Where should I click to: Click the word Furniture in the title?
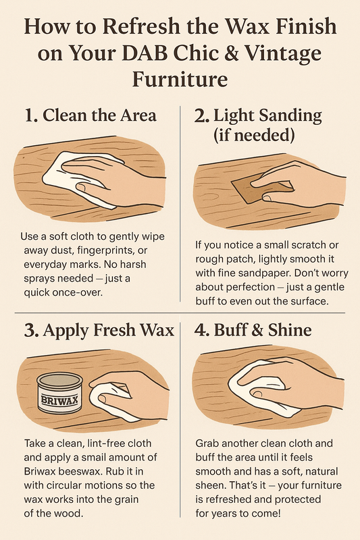pyautogui.click(x=180, y=79)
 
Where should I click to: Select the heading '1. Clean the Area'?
pyautogui.click(x=91, y=115)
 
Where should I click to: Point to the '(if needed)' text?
pyautogui.click(x=254, y=136)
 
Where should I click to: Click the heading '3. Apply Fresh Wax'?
pyautogui.click(x=99, y=330)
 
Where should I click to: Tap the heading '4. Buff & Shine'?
pyautogui.click(x=253, y=329)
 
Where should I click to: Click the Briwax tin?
pyautogui.click(x=59, y=394)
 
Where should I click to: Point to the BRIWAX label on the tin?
pyautogui.click(x=59, y=400)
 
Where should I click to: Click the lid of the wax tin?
pyautogui.click(x=59, y=380)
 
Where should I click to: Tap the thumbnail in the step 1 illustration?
pyautogui.click(x=82, y=188)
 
